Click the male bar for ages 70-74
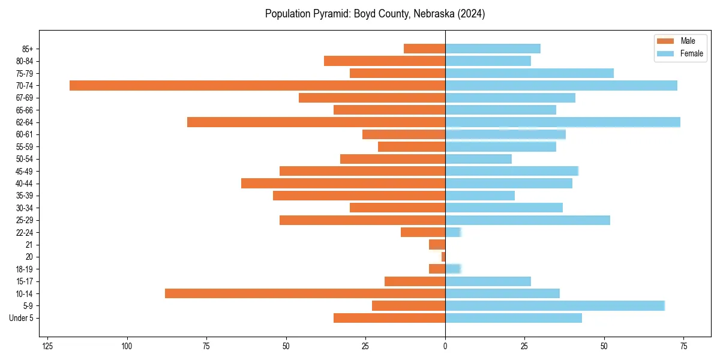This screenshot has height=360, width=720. [x=257, y=85]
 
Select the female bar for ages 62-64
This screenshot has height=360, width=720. [x=562, y=122]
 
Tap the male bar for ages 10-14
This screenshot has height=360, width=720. [x=305, y=293]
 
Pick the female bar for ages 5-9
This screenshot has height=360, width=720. [x=554, y=305]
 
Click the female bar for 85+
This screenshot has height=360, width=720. [x=493, y=49]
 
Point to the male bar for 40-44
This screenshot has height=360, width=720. [x=343, y=183]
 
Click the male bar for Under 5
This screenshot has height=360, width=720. [x=389, y=318]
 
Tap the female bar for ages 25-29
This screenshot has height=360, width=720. [x=527, y=220]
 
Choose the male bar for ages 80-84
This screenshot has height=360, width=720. [x=385, y=61]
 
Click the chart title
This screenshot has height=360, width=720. [x=375, y=14]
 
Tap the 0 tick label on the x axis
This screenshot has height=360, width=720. [x=445, y=346]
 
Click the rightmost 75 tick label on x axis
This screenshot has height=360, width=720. [x=683, y=346]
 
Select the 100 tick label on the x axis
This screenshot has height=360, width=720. [x=127, y=346]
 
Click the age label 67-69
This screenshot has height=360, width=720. [x=25, y=98]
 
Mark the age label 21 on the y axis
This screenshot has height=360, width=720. [x=29, y=245]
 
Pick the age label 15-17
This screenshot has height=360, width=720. [x=25, y=281]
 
